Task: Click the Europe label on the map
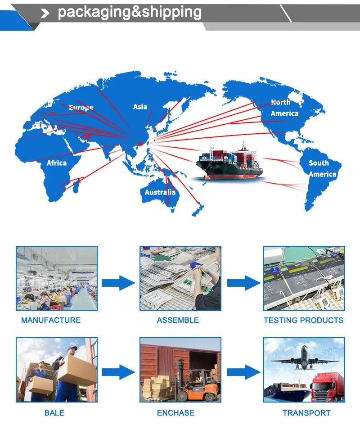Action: (81, 108)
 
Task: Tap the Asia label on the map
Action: (140, 107)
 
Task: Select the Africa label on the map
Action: (57, 163)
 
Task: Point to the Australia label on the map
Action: (160, 192)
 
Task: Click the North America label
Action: (283, 108)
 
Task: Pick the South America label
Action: (322, 168)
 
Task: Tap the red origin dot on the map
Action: (139, 144)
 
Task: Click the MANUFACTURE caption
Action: (51, 320)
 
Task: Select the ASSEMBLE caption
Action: (178, 320)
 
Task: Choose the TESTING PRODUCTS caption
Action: (303, 320)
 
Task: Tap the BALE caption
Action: (54, 412)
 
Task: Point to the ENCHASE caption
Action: (176, 412)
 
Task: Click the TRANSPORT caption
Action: (306, 412)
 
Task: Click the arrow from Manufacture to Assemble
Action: (118, 283)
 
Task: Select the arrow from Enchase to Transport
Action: (243, 372)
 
